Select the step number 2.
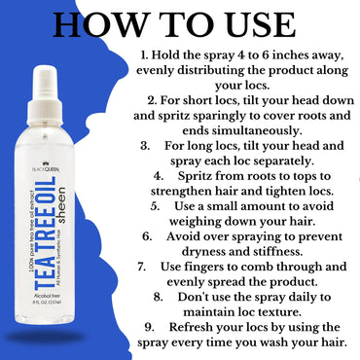click(152, 100)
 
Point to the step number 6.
click(147, 235)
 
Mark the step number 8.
click(158, 296)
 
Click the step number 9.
click(148, 326)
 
